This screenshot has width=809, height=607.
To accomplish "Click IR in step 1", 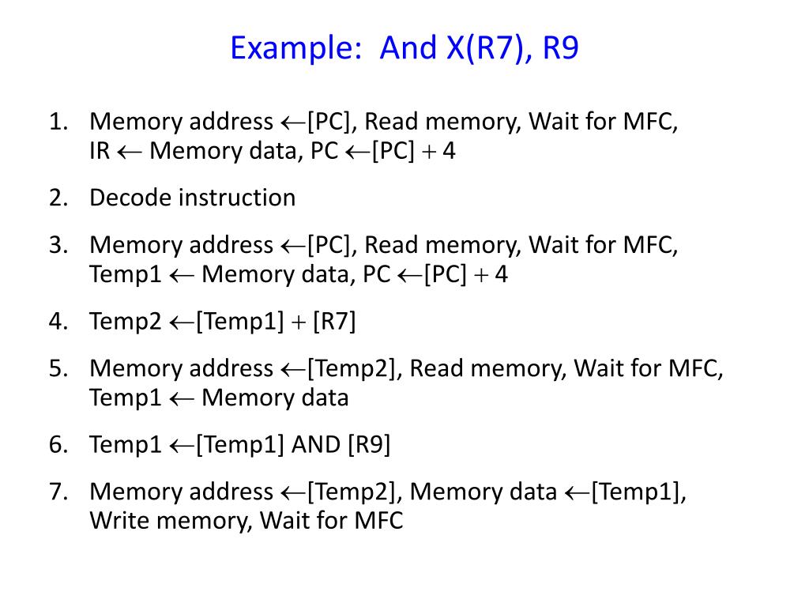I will [100, 150].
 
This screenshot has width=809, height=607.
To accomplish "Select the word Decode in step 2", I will [130, 197].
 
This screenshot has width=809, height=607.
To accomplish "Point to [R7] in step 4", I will [334, 322].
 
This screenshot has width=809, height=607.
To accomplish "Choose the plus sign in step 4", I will [299, 322].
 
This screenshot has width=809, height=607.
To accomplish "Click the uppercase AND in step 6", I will [315, 445].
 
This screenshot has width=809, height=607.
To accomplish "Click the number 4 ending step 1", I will [449, 150].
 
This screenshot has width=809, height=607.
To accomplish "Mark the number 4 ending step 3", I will [501, 274].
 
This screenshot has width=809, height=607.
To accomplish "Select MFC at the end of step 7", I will [378, 521].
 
